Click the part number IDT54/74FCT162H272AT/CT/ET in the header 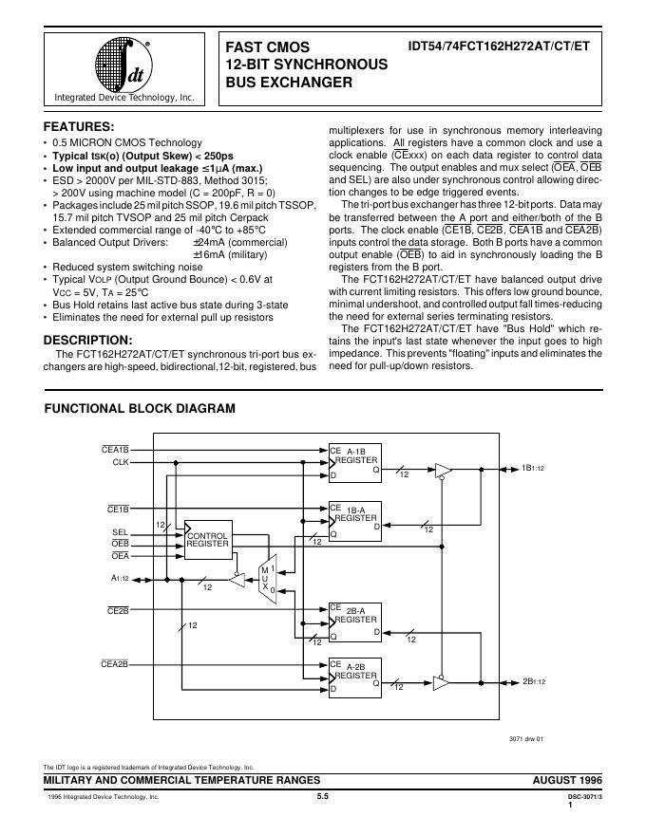point(494,46)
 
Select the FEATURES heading point(80,126)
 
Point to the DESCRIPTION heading point(88,340)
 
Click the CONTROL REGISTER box point(208,539)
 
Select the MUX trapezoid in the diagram point(268,575)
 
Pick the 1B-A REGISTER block point(354,518)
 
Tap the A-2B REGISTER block point(354,676)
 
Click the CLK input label point(121,462)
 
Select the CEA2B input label point(114,664)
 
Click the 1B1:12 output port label point(533,468)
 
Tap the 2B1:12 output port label point(533,681)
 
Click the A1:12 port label point(121,577)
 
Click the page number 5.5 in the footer point(322,797)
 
